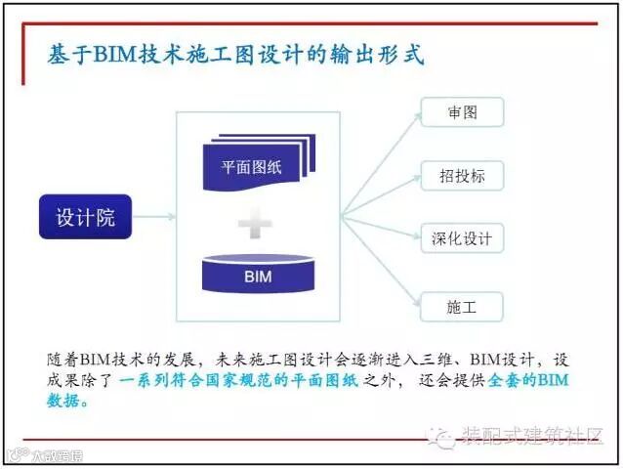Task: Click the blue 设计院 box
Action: [85, 217]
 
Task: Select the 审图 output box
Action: [463, 112]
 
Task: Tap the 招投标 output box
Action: [463, 176]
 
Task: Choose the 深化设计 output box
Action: [463, 237]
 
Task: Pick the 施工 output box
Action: [463, 307]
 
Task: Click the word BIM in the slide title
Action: [117, 54]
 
